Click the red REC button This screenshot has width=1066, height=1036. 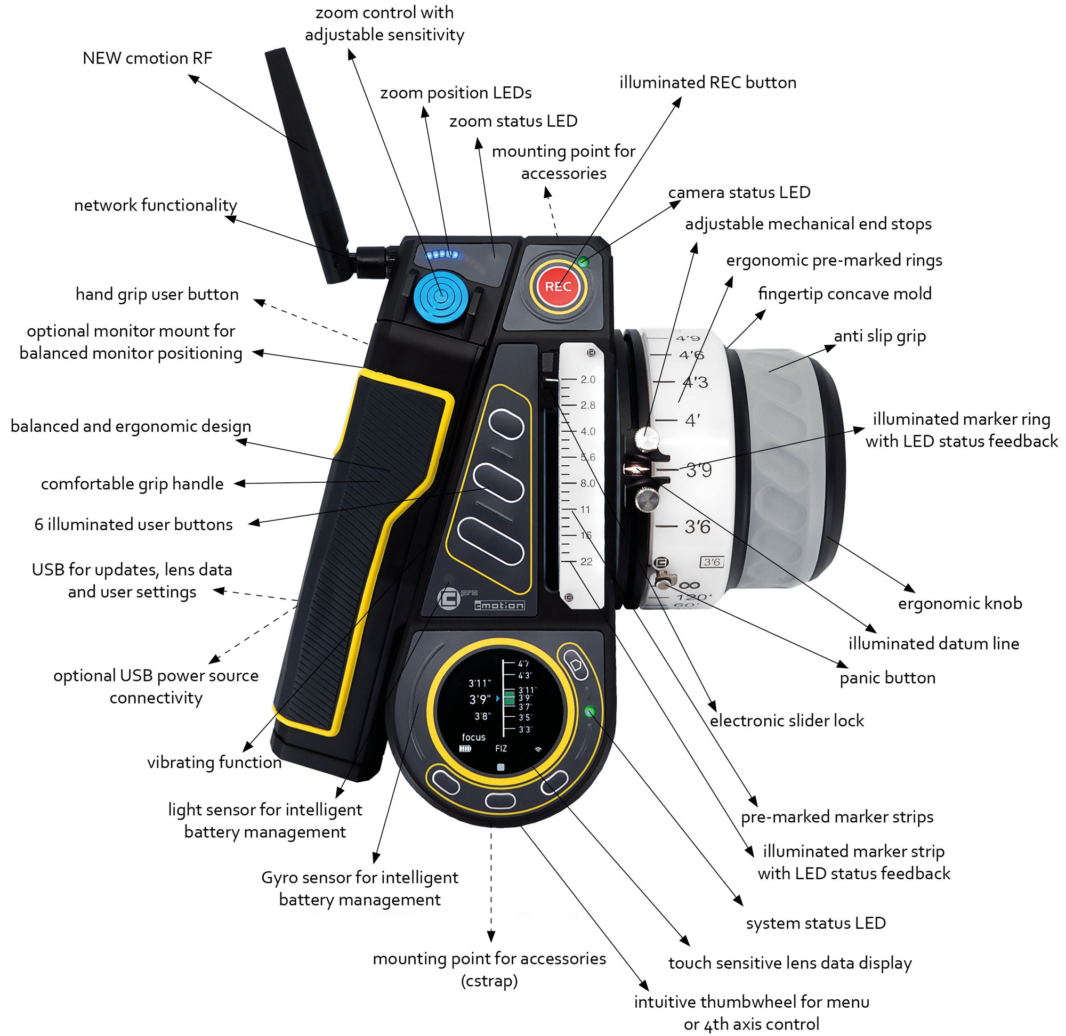(558, 286)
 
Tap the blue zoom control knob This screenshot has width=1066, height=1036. (440, 297)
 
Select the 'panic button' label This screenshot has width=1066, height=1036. (887, 677)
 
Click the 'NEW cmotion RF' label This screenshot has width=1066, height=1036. (147, 58)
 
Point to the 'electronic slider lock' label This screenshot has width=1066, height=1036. (786, 721)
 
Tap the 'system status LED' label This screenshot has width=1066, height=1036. (815, 923)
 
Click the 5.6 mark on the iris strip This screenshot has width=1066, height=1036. (587, 457)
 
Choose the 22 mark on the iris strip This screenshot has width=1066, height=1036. (586, 562)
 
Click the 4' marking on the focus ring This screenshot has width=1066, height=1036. (692, 420)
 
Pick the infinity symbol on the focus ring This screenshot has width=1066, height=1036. (689, 586)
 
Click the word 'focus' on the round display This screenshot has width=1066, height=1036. (473, 737)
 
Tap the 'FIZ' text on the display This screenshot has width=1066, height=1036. (501, 749)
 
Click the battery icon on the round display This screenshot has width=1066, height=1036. (465, 749)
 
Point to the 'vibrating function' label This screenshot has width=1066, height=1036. (214, 762)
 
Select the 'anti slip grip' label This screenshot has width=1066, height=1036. (879, 336)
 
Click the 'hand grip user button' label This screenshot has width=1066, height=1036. (157, 294)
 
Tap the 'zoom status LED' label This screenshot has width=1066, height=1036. (513, 121)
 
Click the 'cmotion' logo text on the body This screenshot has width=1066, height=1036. (499, 605)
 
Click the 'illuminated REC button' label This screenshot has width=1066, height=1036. (707, 82)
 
